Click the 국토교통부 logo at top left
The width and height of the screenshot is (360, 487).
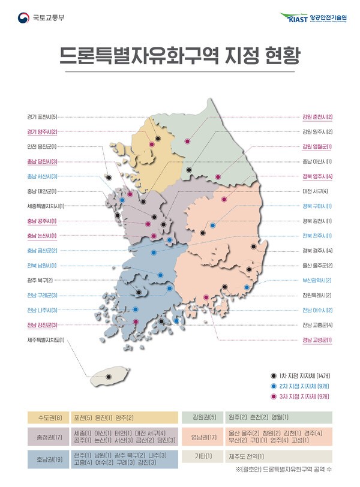(x=41, y=17)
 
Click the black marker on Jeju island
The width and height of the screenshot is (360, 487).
(x=109, y=377)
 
